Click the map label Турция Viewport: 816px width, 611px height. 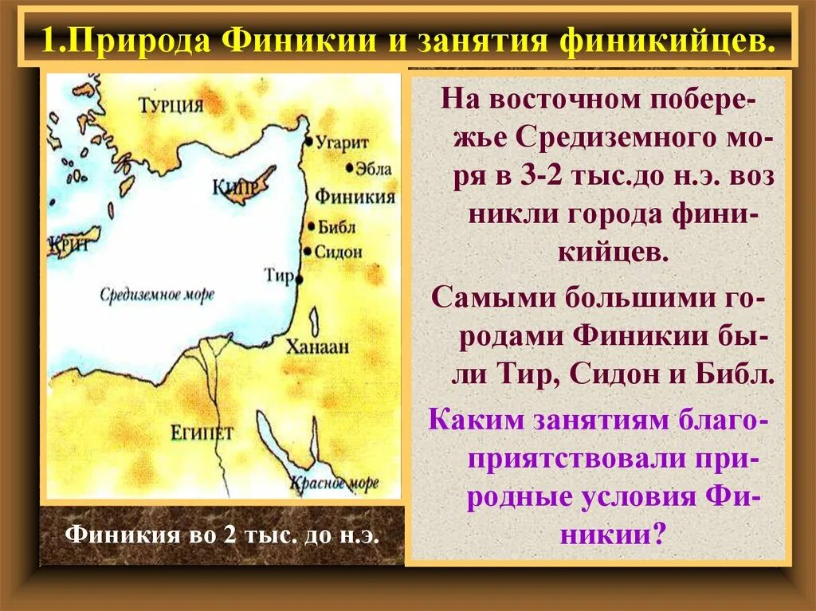[171, 105]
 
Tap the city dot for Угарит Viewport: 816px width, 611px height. [309, 142]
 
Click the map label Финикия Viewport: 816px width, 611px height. [355, 197]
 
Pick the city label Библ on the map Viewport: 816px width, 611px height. [337, 227]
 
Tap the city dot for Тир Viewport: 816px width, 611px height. [300, 280]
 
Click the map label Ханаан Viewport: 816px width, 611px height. [319, 347]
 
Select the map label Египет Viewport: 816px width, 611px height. [202, 433]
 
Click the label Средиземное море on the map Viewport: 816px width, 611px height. [157, 294]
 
